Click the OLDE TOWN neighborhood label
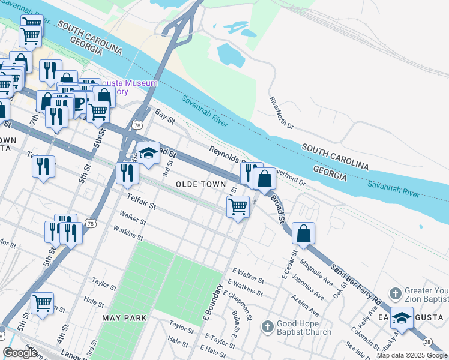pyautogui.click(x=201, y=184)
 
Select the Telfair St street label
pyautogui.click(x=141, y=201)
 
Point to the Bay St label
pyautogui.click(x=164, y=116)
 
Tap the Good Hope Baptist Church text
pyautogui.click(x=304, y=328)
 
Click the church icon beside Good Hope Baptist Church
pyautogui.click(x=268, y=327)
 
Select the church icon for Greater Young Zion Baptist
pyautogui.click(x=395, y=294)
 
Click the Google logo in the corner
pyautogui.click(x=20, y=353)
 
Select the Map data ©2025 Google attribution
pyautogui.click(x=412, y=355)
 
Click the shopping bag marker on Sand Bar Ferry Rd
pyautogui.click(x=304, y=232)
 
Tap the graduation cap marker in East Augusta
pyautogui.click(x=402, y=316)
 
